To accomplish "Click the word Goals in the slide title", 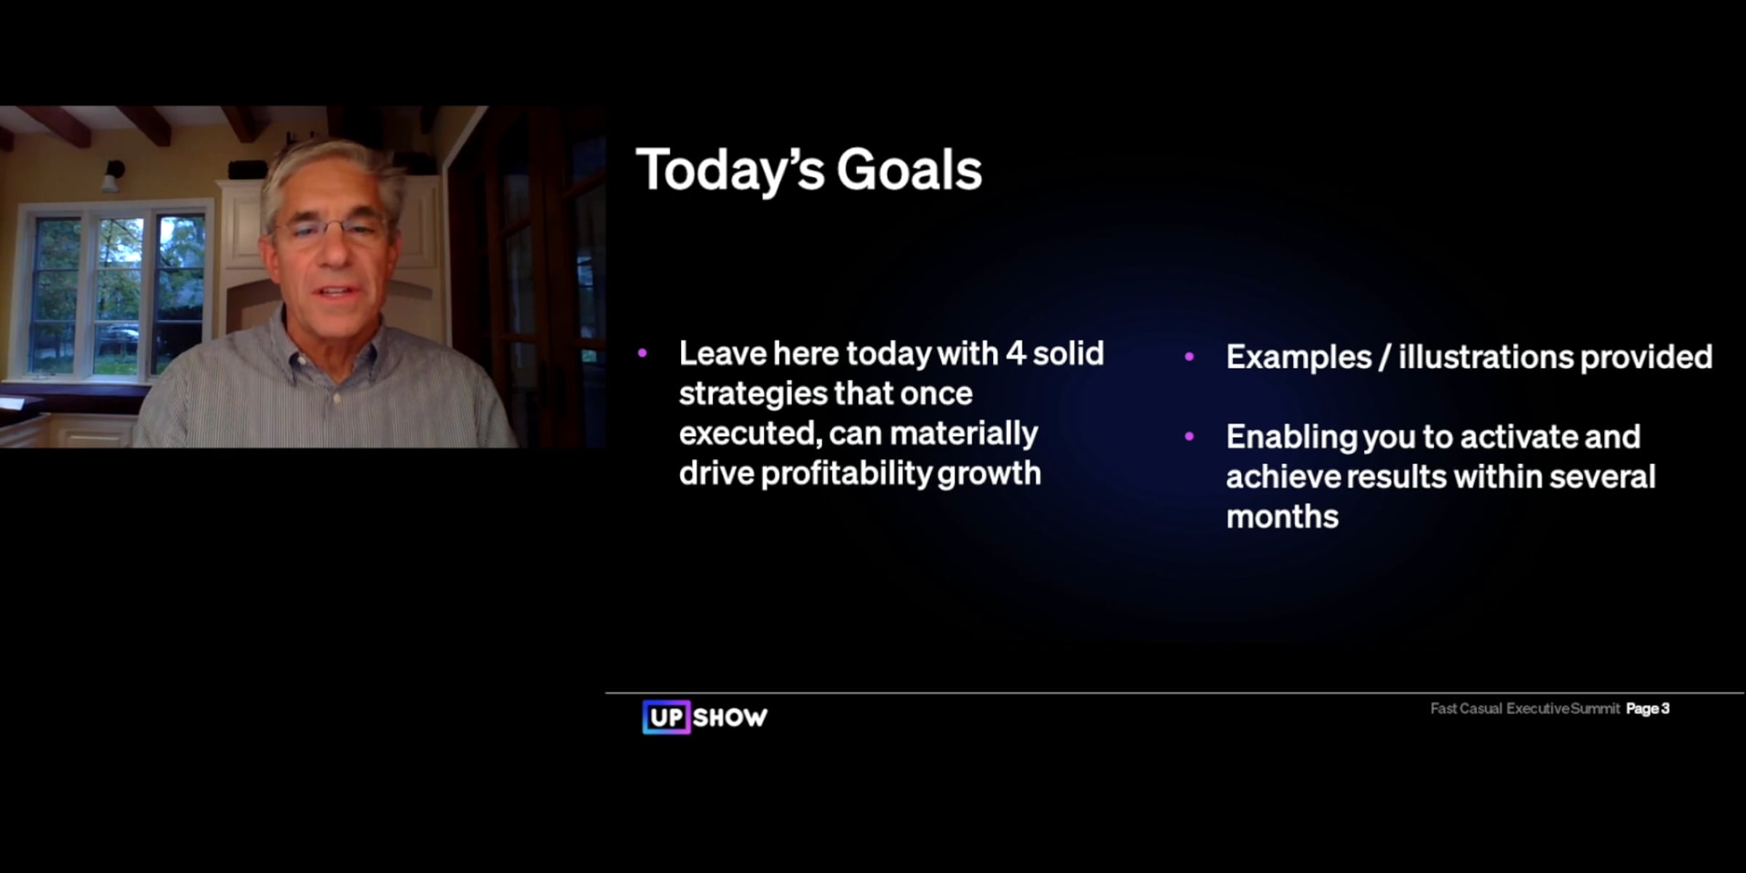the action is point(909,170).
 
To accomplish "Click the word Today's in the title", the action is point(730,170).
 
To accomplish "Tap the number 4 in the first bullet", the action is point(1016,354).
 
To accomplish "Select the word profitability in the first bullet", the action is point(845,474).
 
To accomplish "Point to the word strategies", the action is point(749,394).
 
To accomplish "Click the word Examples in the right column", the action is point(1299,357).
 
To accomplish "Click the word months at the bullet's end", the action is point(1282,517).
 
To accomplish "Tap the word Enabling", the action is point(1291,438).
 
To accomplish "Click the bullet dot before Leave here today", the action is point(642,354).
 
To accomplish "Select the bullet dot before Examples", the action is point(1189,356).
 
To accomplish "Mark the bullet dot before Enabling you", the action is point(1189,436).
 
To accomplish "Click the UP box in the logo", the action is point(666,717).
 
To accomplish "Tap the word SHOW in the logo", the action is point(730,718).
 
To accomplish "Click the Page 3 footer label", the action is point(1648,709).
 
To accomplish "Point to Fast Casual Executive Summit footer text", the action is point(1525,709).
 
